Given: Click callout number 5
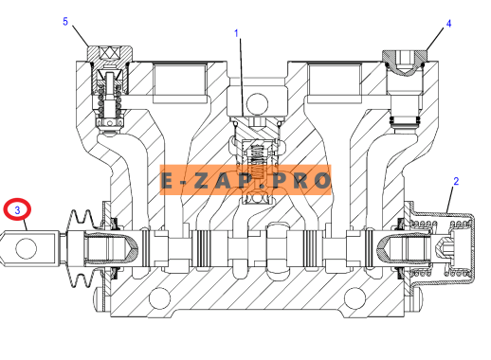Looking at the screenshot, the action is coord(65,22).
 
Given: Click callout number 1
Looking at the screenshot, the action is coord(236,33).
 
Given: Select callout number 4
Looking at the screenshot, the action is coord(448,24).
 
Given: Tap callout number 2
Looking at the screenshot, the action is coord(456,181).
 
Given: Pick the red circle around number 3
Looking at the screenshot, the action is coord(17,199).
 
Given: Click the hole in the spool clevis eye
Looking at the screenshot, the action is coord(27,248).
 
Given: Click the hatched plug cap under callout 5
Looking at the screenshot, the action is coord(110,53).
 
